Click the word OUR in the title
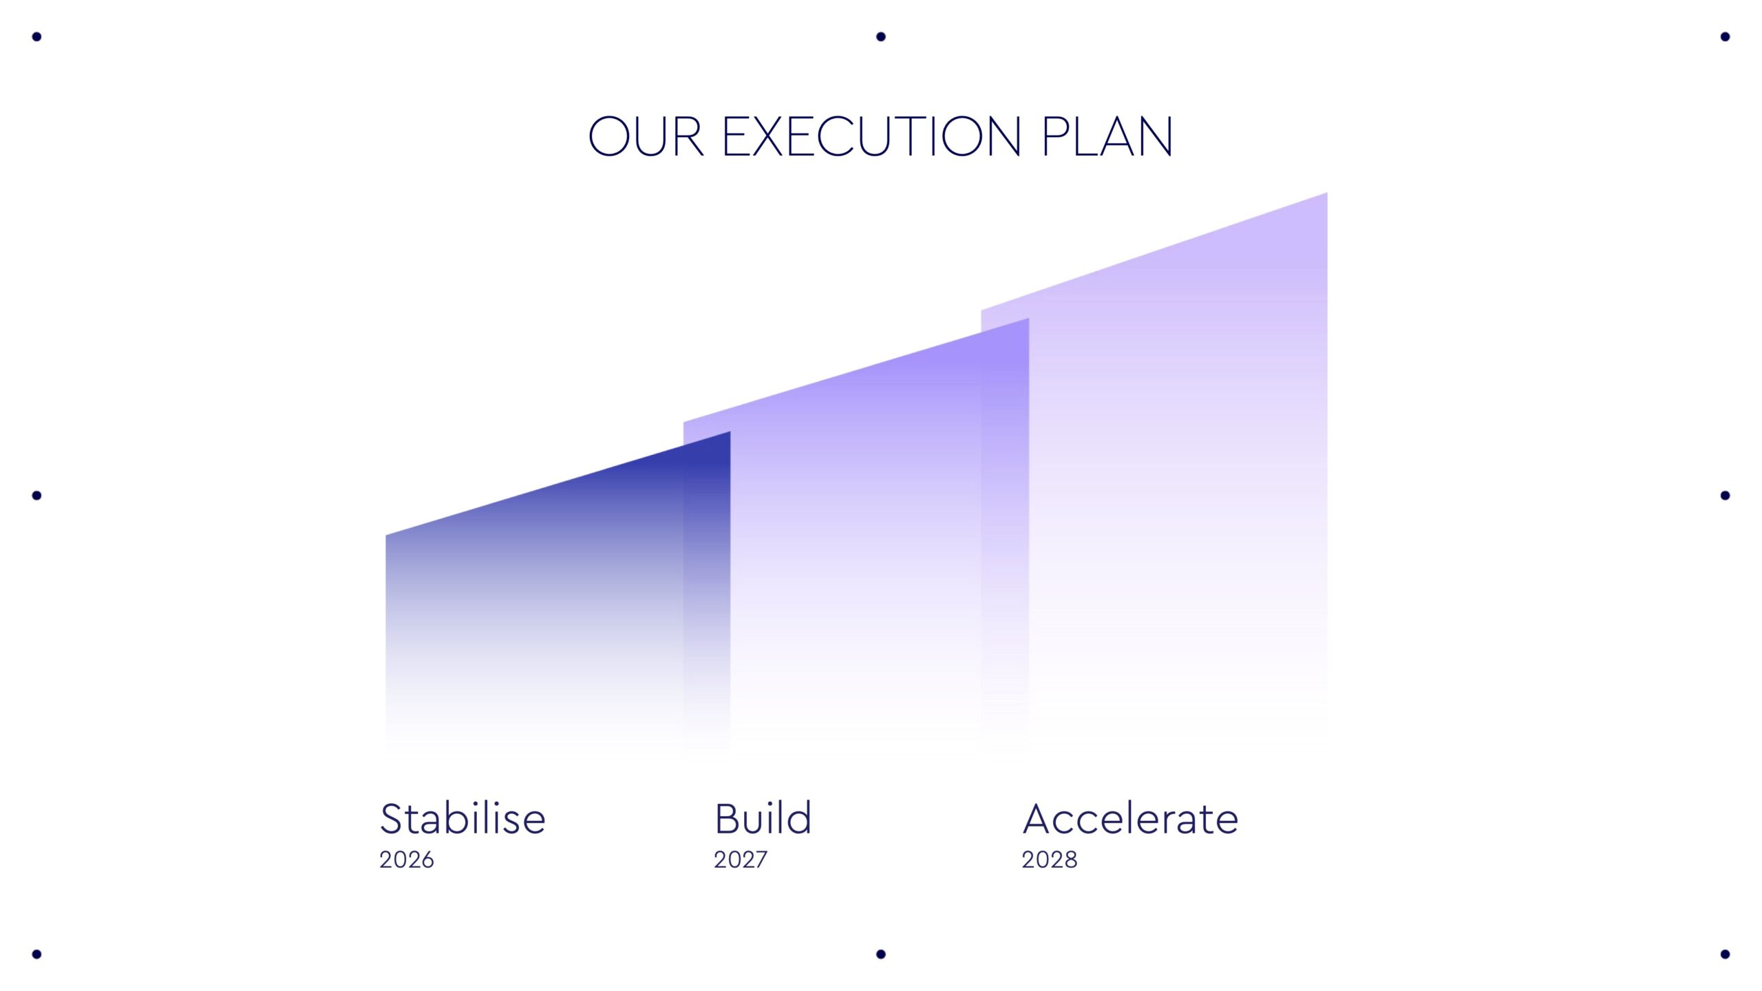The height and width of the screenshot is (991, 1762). pyautogui.click(x=646, y=136)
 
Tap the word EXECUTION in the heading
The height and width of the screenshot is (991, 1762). pyautogui.click(x=872, y=136)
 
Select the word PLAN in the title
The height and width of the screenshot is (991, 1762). pyautogui.click(x=1107, y=136)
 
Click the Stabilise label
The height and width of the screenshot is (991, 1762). pyautogui.click(x=463, y=818)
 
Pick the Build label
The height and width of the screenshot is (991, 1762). pyautogui.click(x=763, y=818)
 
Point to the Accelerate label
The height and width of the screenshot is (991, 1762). pyautogui.click(x=1130, y=818)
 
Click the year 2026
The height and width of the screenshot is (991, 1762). pyautogui.click(x=407, y=860)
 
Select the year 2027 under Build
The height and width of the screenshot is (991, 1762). pyautogui.click(x=741, y=860)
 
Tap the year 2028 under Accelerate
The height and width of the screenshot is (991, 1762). pyautogui.click(x=1050, y=860)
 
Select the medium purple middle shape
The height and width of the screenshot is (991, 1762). pyautogui.click(x=856, y=537)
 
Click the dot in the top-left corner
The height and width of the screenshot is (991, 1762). pyautogui.click(x=37, y=36)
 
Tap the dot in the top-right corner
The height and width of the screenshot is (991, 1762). pyautogui.click(x=1725, y=36)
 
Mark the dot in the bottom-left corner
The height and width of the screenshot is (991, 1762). pyautogui.click(x=37, y=954)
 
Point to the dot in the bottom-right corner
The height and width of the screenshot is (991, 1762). pyautogui.click(x=1725, y=954)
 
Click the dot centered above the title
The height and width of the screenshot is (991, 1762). pyautogui.click(x=881, y=36)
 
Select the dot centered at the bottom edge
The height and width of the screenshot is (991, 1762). pyautogui.click(x=881, y=954)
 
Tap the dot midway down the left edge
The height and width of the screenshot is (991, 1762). pyautogui.click(x=37, y=495)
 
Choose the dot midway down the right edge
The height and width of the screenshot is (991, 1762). pyautogui.click(x=1725, y=495)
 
